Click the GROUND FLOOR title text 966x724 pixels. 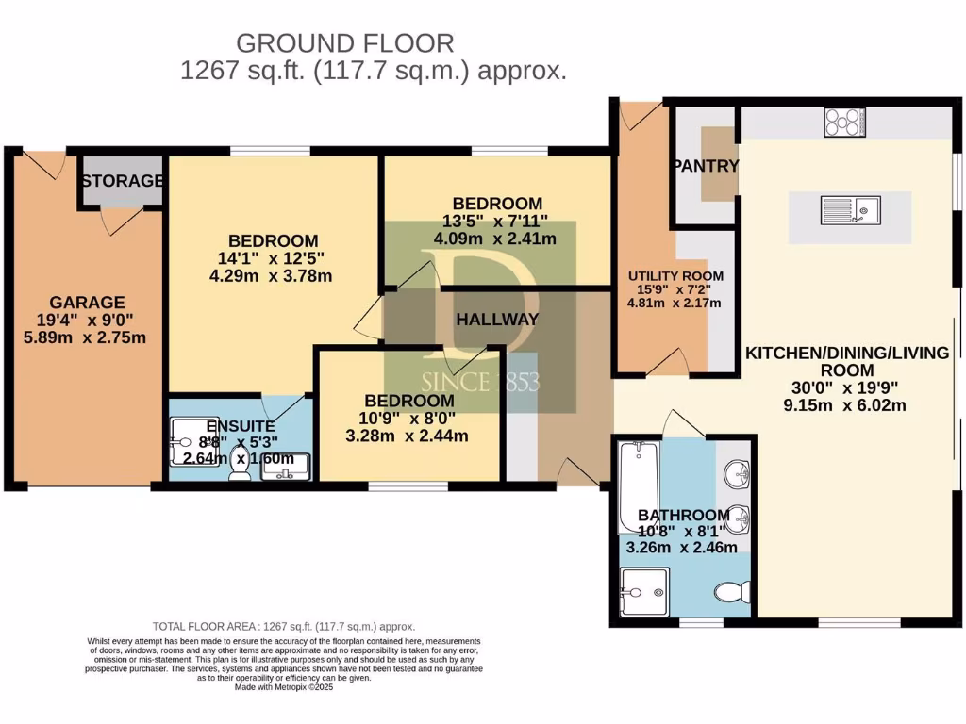(344, 42)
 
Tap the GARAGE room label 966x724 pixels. (87, 303)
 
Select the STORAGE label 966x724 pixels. (121, 180)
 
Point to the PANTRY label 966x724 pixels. (705, 166)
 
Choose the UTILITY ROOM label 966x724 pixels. (675, 276)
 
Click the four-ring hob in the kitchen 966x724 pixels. (845, 123)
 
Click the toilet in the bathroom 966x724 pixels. (732, 592)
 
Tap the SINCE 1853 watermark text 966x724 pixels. (479, 383)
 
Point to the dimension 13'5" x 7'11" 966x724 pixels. (497, 222)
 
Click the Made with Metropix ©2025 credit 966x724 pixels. (284, 687)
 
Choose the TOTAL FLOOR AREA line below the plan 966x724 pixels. (284, 626)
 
